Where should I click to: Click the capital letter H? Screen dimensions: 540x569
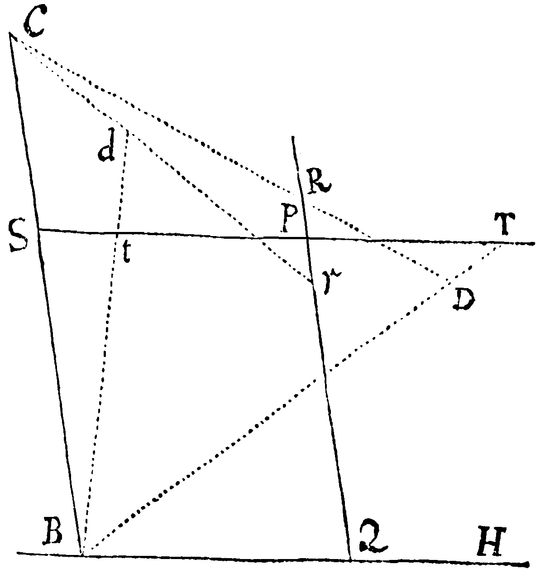491,537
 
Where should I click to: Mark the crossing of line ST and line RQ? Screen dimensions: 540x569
306,238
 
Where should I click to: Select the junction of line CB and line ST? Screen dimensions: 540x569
38,230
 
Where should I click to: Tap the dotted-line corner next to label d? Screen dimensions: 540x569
127,130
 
